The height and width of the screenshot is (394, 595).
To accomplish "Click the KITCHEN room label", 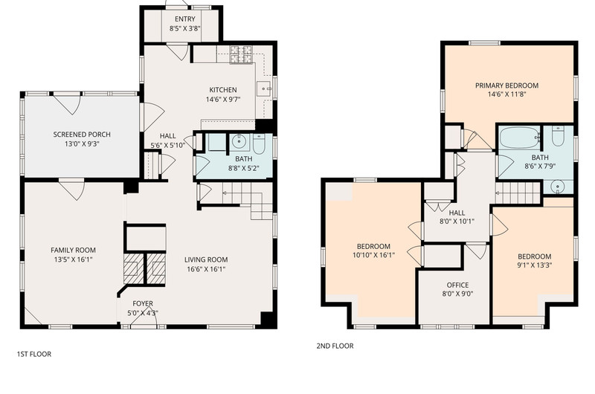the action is tap(223, 90).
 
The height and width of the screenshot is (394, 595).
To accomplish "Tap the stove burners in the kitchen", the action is tap(241, 54).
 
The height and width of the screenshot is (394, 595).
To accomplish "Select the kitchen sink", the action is tap(264, 89).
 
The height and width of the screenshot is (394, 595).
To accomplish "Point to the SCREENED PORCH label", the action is tap(82, 135).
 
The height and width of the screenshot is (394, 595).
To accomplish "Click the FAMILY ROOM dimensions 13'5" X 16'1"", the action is tap(73, 259).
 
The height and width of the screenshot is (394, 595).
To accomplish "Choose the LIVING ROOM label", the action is tap(206, 259).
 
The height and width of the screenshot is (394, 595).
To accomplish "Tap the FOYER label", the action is tap(143, 303).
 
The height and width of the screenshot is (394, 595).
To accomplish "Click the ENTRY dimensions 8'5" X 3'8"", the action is tap(184, 28).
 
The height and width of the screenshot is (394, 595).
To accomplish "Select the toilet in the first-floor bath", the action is tap(259, 144).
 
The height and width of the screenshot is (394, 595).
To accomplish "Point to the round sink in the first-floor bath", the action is tap(239, 142).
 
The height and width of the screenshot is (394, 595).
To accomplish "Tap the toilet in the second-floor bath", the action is tap(557, 137).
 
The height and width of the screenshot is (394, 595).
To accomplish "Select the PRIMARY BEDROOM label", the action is tap(507, 85).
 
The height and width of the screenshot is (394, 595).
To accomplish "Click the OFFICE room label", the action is tap(457, 285).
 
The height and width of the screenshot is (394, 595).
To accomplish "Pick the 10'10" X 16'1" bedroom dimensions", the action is tap(374, 255).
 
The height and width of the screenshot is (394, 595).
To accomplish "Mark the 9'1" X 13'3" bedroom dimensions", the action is tap(534, 265).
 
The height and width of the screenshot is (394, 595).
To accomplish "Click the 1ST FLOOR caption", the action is tap(34, 354).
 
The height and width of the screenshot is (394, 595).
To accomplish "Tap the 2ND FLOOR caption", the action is tap(335, 346).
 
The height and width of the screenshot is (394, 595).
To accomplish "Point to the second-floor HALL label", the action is tap(457, 213).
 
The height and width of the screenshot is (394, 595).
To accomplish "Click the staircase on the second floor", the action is tap(518, 193).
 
